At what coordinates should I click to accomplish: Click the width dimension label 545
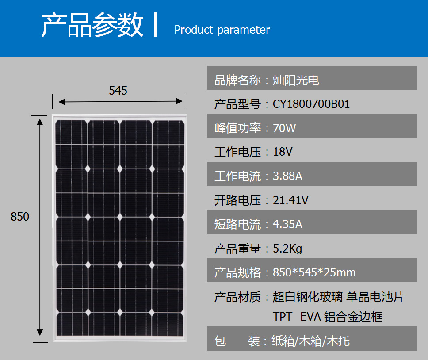pyautogui.click(x=118, y=91)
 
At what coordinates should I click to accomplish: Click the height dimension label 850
pyautogui.click(x=19, y=217)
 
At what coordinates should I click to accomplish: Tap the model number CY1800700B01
pyautogui.click(x=311, y=104)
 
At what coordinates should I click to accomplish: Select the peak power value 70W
pyautogui.click(x=284, y=128)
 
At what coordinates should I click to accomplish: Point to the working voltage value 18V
pyautogui.click(x=283, y=152)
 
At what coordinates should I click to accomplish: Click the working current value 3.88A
pyautogui.click(x=287, y=176)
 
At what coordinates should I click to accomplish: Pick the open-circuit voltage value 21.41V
pyautogui.click(x=290, y=200)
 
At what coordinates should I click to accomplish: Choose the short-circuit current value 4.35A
pyautogui.click(x=287, y=224)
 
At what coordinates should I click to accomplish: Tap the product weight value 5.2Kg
pyautogui.click(x=287, y=249)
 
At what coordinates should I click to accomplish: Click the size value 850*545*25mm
pyautogui.click(x=314, y=272)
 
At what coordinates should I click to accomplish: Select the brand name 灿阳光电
pyautogui.click(x=296, y=80)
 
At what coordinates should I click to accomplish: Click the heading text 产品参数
pyautogui.click(x=92, y=25)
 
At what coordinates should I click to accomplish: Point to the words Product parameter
pyautogui.click(x=222, y=30)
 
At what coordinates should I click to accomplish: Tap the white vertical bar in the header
pyautogui.click(x=155, y=25)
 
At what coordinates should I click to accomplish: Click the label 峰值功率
pyautogui.click(x=237, y=128)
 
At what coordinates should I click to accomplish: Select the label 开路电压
pyautogui.click(x=237, y=200)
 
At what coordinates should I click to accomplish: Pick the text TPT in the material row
pyautogui.click(x=282, y=317)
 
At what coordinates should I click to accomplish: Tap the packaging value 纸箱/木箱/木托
pyautogui.click(x=310, y=341)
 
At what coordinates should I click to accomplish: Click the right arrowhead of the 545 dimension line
pyautogui.click(x=180, y=101)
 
